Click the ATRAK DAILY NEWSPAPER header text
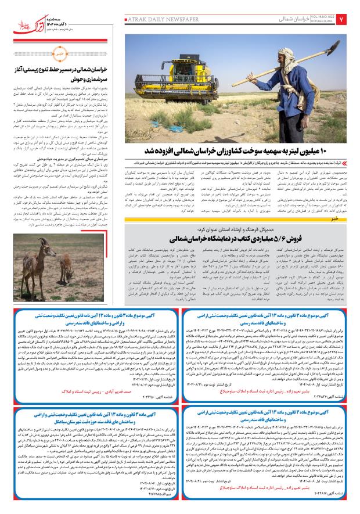pos(157,19)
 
